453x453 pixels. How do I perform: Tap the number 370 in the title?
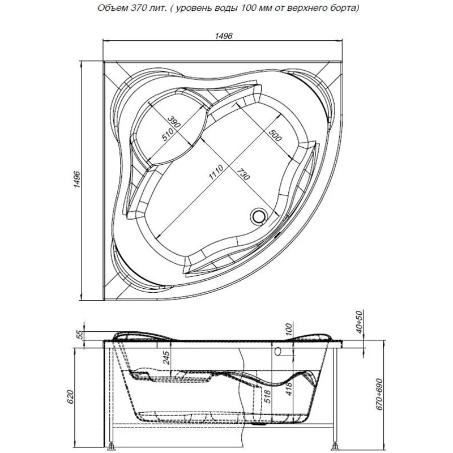[x=134, y=8]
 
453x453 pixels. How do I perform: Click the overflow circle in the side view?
[x=279, y=352]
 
